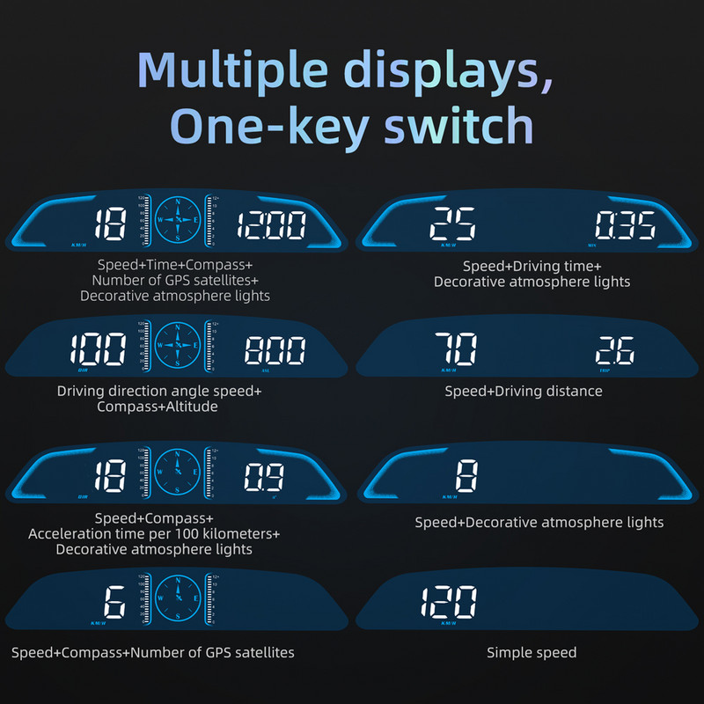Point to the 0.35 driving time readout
coord(623,227)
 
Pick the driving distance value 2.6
coord(615,352)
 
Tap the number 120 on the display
coord(448,604)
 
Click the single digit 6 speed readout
coord(114,604)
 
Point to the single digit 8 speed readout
coord(466,478)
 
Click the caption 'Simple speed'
coord(532,652)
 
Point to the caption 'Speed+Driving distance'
coord(523,391)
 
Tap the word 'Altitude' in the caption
coord(190,407)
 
